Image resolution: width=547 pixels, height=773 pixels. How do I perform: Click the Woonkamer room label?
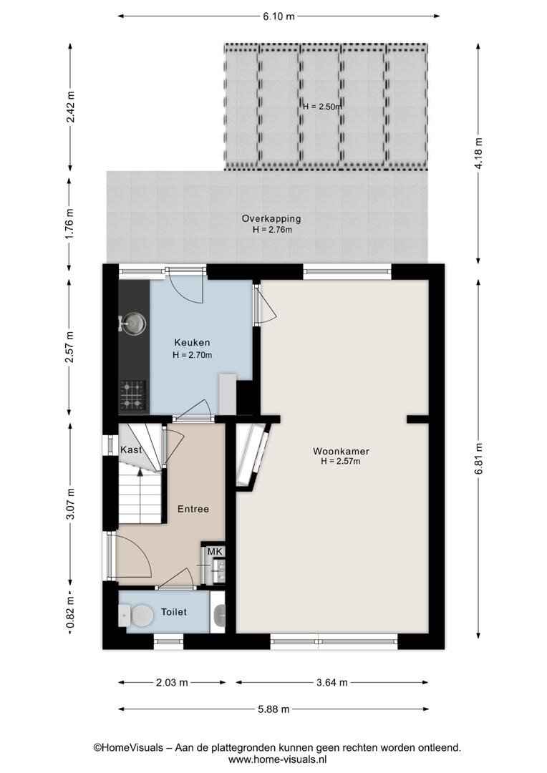(x=341, y=451)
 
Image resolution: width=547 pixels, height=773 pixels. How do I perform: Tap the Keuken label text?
(x=192, y=342)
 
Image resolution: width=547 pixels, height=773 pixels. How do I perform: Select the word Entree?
(x=193, y=509)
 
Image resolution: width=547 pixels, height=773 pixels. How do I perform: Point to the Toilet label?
(x=174, y=612)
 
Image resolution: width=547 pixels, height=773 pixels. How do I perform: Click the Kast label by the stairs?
(x=131, y=449)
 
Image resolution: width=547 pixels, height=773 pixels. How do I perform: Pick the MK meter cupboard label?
(x=215, y=551)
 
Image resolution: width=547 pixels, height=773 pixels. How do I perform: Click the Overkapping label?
(x=271, y=218)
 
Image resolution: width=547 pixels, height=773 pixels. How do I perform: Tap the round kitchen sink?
(x=134, y=324)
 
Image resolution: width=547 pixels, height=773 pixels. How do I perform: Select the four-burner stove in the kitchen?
(x=133, y=395)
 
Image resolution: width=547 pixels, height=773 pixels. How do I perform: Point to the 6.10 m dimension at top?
(x=279, y=16)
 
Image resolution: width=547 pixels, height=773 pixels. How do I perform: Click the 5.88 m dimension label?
(x=273, y=709)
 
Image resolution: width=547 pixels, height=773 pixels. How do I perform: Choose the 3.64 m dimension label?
(x=331, y=682)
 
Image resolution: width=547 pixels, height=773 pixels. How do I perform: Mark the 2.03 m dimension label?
(x=172, y=682)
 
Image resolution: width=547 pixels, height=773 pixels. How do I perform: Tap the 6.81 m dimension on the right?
(x=478, y=459)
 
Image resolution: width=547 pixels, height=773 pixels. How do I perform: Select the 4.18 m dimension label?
(x=478, y=153)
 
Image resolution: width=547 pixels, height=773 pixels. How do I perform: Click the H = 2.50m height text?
(x=322, y=107)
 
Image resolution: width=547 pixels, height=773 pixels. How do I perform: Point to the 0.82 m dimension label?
(x=70, y=613)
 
